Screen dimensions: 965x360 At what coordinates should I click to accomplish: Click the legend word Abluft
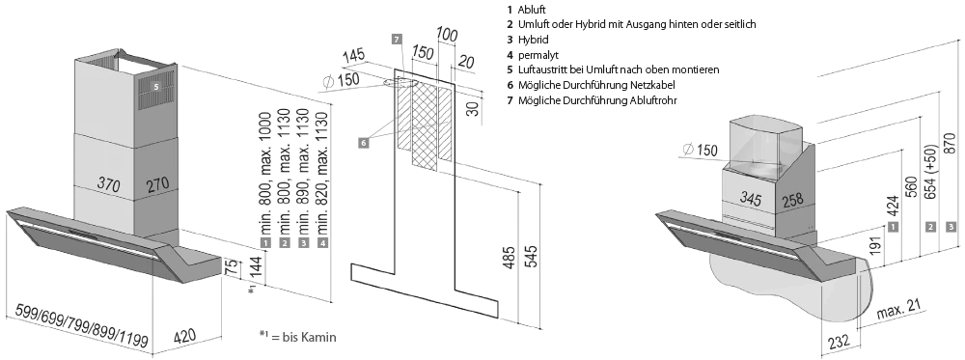(x=532, y=10)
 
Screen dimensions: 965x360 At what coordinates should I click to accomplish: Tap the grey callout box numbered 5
(x=156, y=88)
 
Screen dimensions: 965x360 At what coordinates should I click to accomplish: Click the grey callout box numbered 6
(x=364, y=143)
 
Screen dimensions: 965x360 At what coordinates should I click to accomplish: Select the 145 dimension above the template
(x=354, y=57)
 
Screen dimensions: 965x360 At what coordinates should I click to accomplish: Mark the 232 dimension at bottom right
(x=839, y=341)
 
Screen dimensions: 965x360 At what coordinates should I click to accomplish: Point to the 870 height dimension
(x=951, y=143)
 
